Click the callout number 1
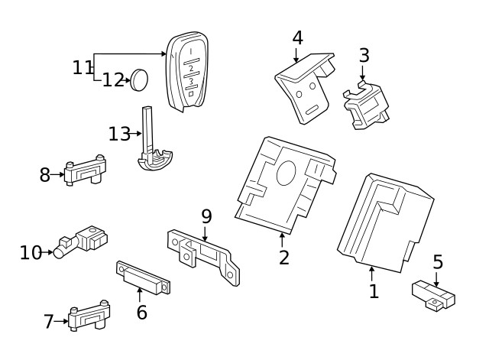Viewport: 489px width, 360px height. click(374, 291)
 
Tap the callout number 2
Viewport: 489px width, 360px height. click(284, 257)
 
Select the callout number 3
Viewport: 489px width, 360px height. click(364, 55)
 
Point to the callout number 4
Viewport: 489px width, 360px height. click(297, 37)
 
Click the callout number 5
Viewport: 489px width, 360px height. click(437, 262)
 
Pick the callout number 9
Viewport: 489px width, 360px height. click(206, 216)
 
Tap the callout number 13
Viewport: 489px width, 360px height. click(120, 135)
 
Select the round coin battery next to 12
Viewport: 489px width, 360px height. click(140, 79)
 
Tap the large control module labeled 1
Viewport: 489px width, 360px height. click(381, 222)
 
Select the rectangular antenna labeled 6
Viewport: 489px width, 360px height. click(142, 277)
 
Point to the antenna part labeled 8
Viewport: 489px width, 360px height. click(86, 171)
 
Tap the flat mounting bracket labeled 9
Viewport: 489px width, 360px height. click(202, 251)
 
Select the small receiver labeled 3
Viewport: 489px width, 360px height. click(366, 106)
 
